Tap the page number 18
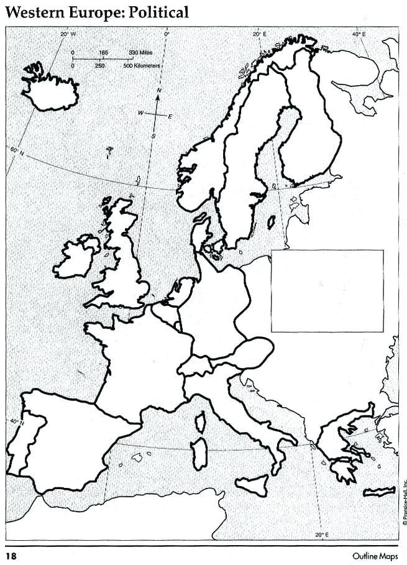point(12,556)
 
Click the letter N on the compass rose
point(159,91)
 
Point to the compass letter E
point(171,116)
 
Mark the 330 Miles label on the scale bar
point(141,53)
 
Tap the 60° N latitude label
point(16,151)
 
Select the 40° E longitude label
point(360,34)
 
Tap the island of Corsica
point(201,423)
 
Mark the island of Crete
point(379,492)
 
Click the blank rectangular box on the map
point(327,290)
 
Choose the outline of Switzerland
point(196,366)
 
